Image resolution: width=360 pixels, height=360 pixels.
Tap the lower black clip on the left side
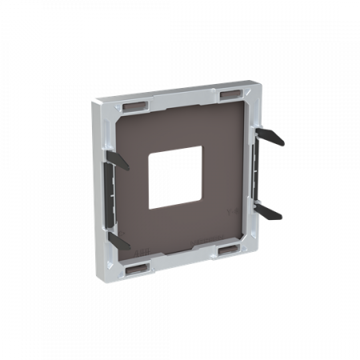pyautogui.click(x=117, y=238)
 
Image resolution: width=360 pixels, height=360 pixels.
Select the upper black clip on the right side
pyautogui.click(x=271, y=136)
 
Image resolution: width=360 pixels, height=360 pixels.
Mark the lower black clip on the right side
pyautogui.click(x=270, y=211)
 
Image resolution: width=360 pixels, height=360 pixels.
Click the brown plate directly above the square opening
pyautogui.click(x=178, y=132)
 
